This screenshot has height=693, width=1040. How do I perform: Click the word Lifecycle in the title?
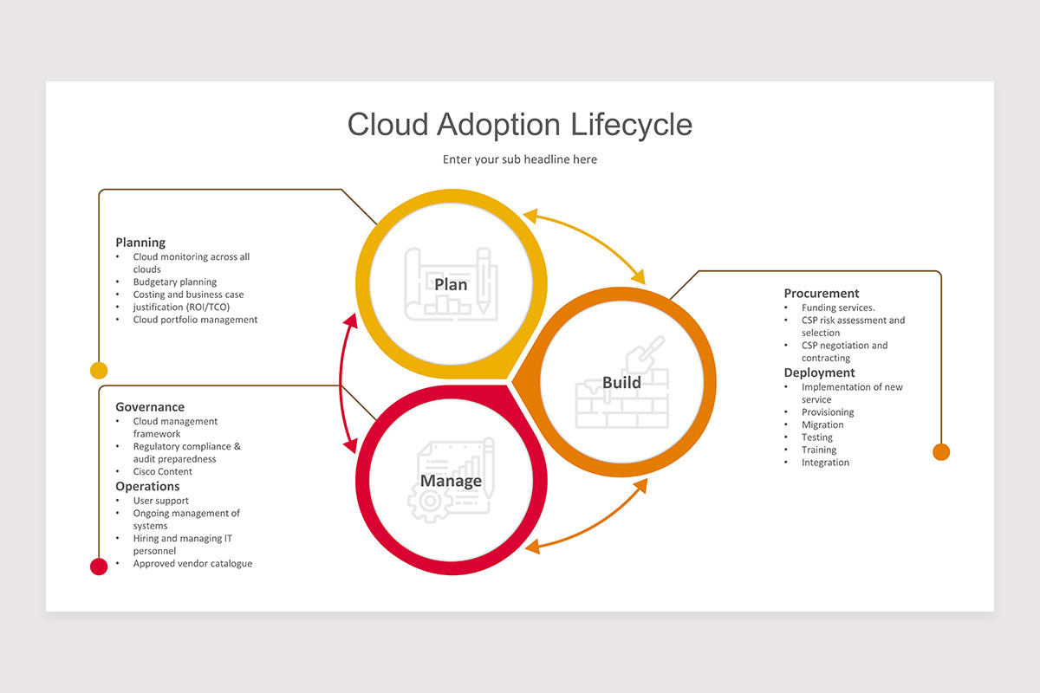[x=631, y=125]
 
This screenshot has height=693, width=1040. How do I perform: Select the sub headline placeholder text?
[x=519, y=159]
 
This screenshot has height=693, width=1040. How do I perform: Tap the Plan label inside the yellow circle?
[x=451, y=284]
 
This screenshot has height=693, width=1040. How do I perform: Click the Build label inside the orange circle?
[x=621, y=382]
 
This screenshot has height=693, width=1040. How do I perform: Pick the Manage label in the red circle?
[x=451, y=481]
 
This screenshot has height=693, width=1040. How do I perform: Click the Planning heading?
[x=140, y=243]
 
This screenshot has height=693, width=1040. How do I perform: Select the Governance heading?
[x=150, y=407]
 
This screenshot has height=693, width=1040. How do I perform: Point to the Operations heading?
[x=147, y=486]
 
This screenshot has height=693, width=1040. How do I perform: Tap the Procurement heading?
[x=822, y=293]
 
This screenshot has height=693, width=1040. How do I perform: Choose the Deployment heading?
[x=819, y=372]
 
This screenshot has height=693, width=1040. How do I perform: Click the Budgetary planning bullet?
[x=175, y=282]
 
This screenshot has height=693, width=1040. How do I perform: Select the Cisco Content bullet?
[x=163, y=471]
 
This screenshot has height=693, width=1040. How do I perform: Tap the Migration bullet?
[x=822, y=424]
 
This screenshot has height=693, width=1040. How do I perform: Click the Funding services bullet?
[x=838, y=308]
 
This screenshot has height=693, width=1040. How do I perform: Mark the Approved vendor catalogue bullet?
[x=192, y=563]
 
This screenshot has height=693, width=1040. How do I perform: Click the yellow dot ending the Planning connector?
[x=99, y=371]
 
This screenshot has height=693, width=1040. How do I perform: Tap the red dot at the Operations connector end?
[x=99, y=567]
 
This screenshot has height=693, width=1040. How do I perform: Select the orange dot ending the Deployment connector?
[x=941, y=451]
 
